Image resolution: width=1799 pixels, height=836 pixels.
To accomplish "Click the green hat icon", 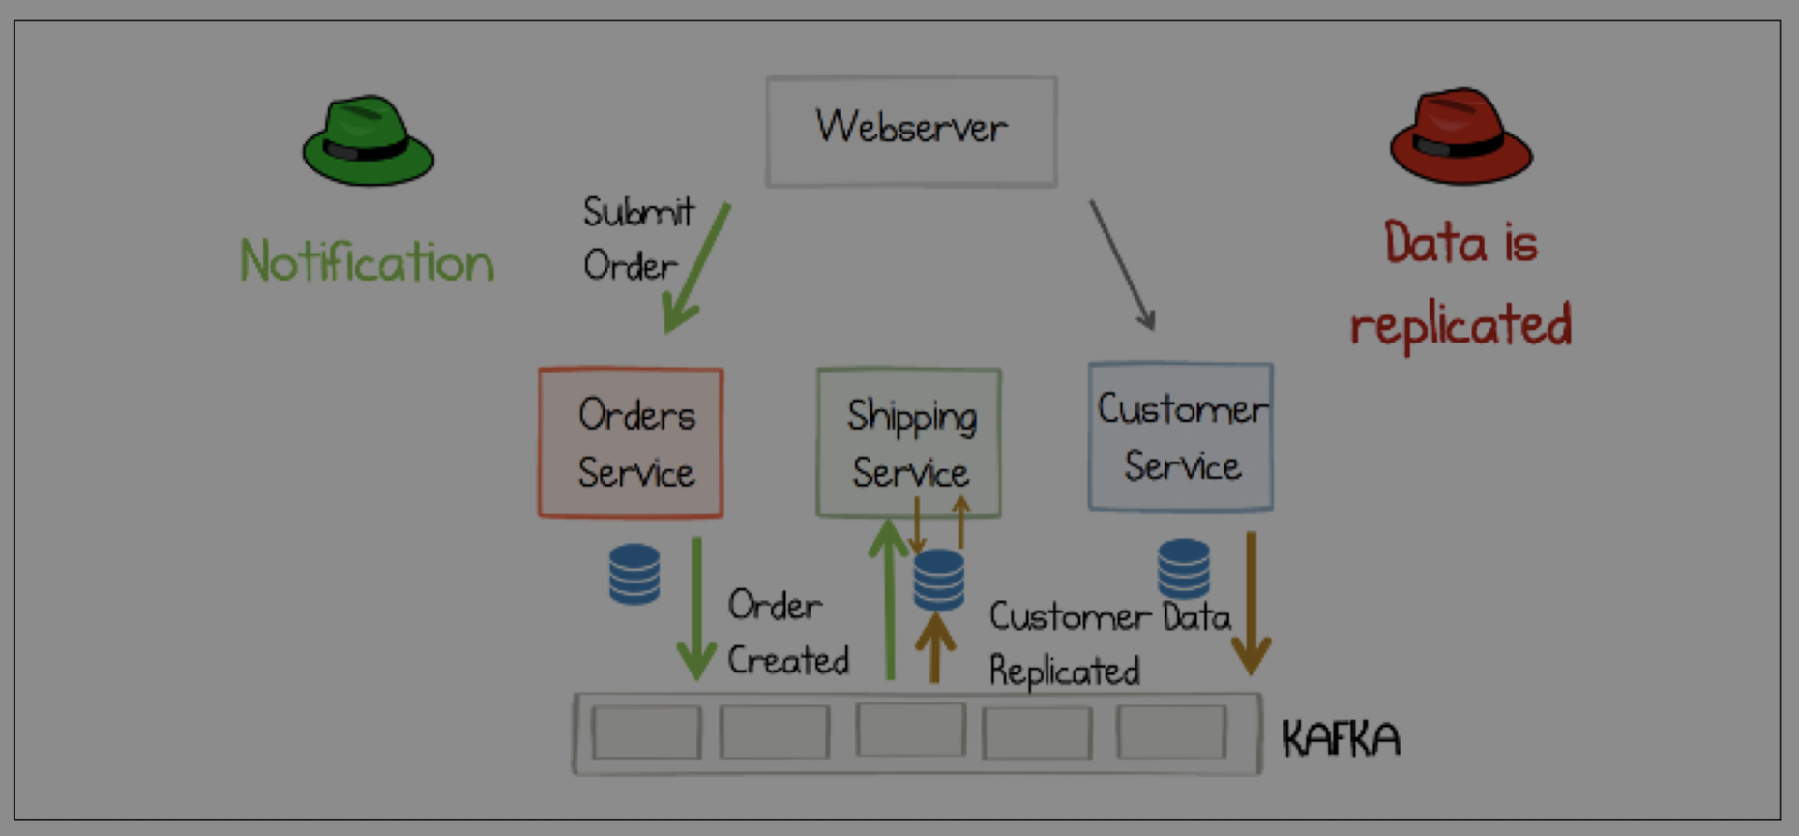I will point(368,142).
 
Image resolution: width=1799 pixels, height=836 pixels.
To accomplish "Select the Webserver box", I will point(911,132).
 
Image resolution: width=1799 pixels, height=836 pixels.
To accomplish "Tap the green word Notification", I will point(367,262).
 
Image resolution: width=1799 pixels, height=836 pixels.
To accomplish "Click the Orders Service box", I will point(631,443).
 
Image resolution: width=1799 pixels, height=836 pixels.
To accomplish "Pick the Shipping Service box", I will point(908,443).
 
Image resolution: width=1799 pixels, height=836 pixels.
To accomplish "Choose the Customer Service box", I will point(1180,437).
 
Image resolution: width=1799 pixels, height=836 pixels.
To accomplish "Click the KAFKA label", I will point(1341,739).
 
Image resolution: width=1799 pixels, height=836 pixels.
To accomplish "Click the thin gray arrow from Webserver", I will point(1122,264).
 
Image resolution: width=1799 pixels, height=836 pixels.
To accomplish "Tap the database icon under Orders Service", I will point(634,574).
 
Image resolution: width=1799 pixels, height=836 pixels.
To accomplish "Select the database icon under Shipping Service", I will point(939,580).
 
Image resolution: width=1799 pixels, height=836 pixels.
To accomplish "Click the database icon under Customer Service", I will point(1184,568).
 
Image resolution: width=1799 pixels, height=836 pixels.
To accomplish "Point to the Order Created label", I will point(786,633).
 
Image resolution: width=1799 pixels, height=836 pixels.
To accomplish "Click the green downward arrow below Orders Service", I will point(696,610).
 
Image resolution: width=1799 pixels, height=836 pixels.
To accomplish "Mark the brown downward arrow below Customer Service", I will point(1251,605).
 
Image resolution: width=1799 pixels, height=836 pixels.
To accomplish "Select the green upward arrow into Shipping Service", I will point(889,600).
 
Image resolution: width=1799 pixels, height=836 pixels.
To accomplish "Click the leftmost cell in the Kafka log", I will point(646,732).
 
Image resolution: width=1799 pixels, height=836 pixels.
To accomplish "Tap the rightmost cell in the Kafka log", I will point(1171,731).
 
